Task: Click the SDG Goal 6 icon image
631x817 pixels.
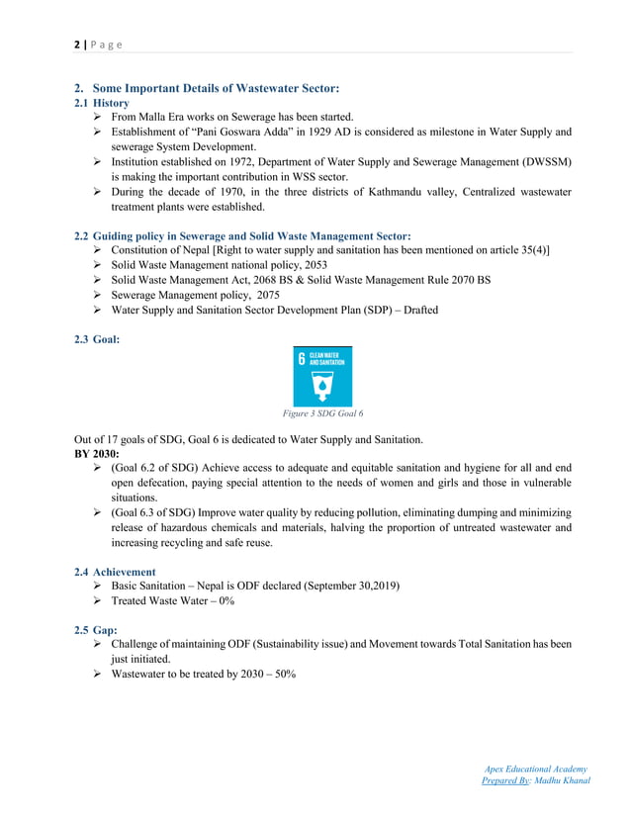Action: [x=321, y=375]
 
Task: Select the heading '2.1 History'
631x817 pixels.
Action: [x=103, y=103]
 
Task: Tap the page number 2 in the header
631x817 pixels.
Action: [x=76, y=45]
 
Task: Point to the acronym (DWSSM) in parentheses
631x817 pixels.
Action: [x=542, y=161]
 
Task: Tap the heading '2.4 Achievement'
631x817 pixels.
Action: [x=115, y=572]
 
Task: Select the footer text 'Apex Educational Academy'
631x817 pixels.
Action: [x=537, y=769]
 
